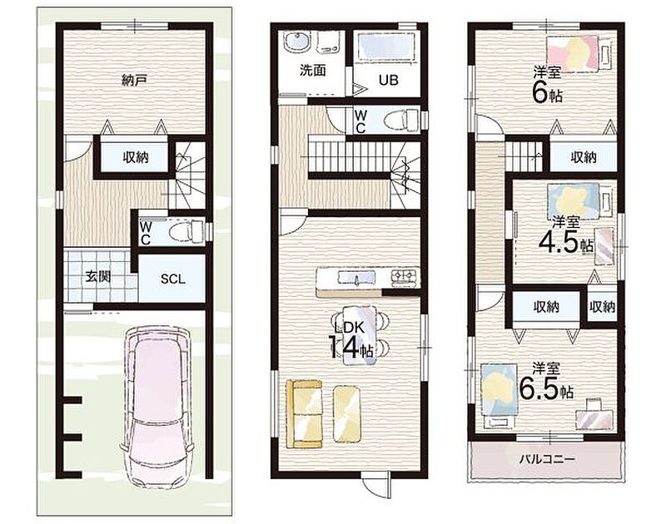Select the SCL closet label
point(173,279)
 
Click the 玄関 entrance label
point(98,277)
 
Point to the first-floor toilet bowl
point(185,232)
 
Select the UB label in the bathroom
point(388,80)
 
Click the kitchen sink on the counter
point(356,278)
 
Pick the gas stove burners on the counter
point(405,277)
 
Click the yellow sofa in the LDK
point(304,413)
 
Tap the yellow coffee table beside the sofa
point(346,413)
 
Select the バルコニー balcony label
point(548,459)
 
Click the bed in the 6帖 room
point(579,52)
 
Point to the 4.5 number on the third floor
point(559,242)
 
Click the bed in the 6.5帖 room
point(499,394)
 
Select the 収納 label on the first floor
point(136,157)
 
